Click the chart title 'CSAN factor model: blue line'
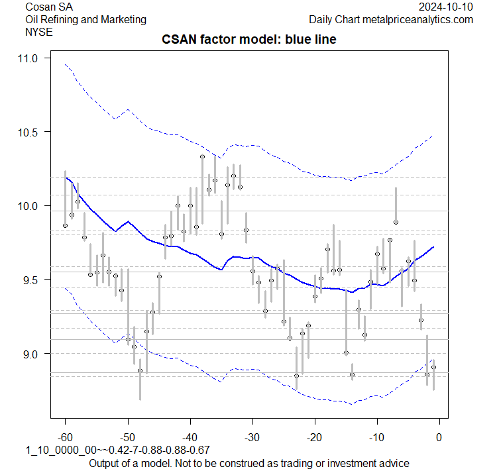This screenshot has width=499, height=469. [249, 40]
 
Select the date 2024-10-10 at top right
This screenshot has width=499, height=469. [446, 7]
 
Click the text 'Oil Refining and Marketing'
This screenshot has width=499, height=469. [85, 19]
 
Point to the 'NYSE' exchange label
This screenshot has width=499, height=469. [37, 31]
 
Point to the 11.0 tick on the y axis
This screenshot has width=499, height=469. [29, 58]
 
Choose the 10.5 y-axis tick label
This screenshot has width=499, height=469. [29, 132]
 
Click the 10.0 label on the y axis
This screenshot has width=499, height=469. [29, 206]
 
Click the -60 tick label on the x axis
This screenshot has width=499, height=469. [65, 437]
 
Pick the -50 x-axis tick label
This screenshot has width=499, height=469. [127, 437]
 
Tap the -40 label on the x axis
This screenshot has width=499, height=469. [190, 437]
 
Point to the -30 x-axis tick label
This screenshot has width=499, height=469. [252, 437]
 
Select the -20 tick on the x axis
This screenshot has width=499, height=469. [314, 437]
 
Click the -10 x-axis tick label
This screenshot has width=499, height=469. [376, 437]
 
